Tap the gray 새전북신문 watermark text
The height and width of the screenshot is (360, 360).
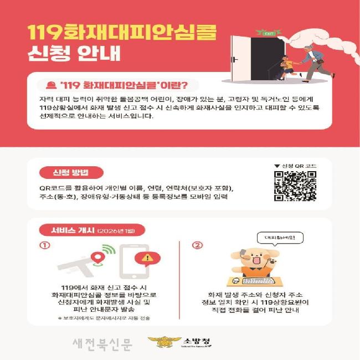[102, 344]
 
